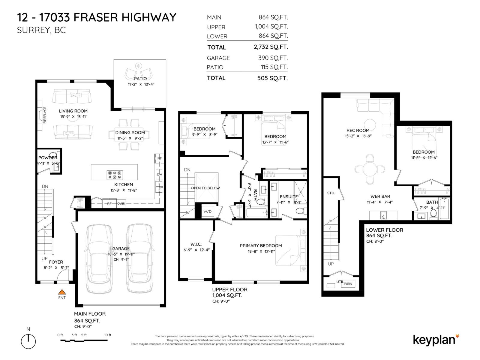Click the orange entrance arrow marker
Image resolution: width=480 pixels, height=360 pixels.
pyautogui.click(x=62, y=292)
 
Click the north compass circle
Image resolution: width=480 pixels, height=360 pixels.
pyautogui.click(x=28, y=341)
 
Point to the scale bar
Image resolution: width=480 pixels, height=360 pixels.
pyautogui.click(x=84, y=340)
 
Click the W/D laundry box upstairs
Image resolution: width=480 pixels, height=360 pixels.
pyautogui.click(x=207, y=211)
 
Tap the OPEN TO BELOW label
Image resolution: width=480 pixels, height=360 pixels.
pyautogui.click(x=205, y=188)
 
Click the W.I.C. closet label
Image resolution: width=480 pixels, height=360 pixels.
pyautogui.click(x=196, y=244)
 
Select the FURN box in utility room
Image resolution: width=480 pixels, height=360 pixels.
pyautogui.click(x=348, y=284)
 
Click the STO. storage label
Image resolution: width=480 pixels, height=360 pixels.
pyautogui.click(x=331, y=193)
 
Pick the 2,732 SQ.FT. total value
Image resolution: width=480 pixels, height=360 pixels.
pyautogui.click(x=271, y=47)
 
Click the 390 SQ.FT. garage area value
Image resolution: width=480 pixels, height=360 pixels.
pyautogui.click(x=273, y=58)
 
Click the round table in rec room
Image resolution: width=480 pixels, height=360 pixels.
pyautogui.click(x=370, y=169)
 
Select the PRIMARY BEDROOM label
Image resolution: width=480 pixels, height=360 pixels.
pyautogui.click(x=261, y=245)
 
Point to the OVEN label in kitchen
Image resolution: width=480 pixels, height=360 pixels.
pyautogui.click(x=121, y=204)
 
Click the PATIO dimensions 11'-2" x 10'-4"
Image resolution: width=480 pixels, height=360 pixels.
pyautogui.click(x=141, y=84)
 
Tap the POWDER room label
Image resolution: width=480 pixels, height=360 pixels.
pyautogui.click(x=47, y=157)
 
